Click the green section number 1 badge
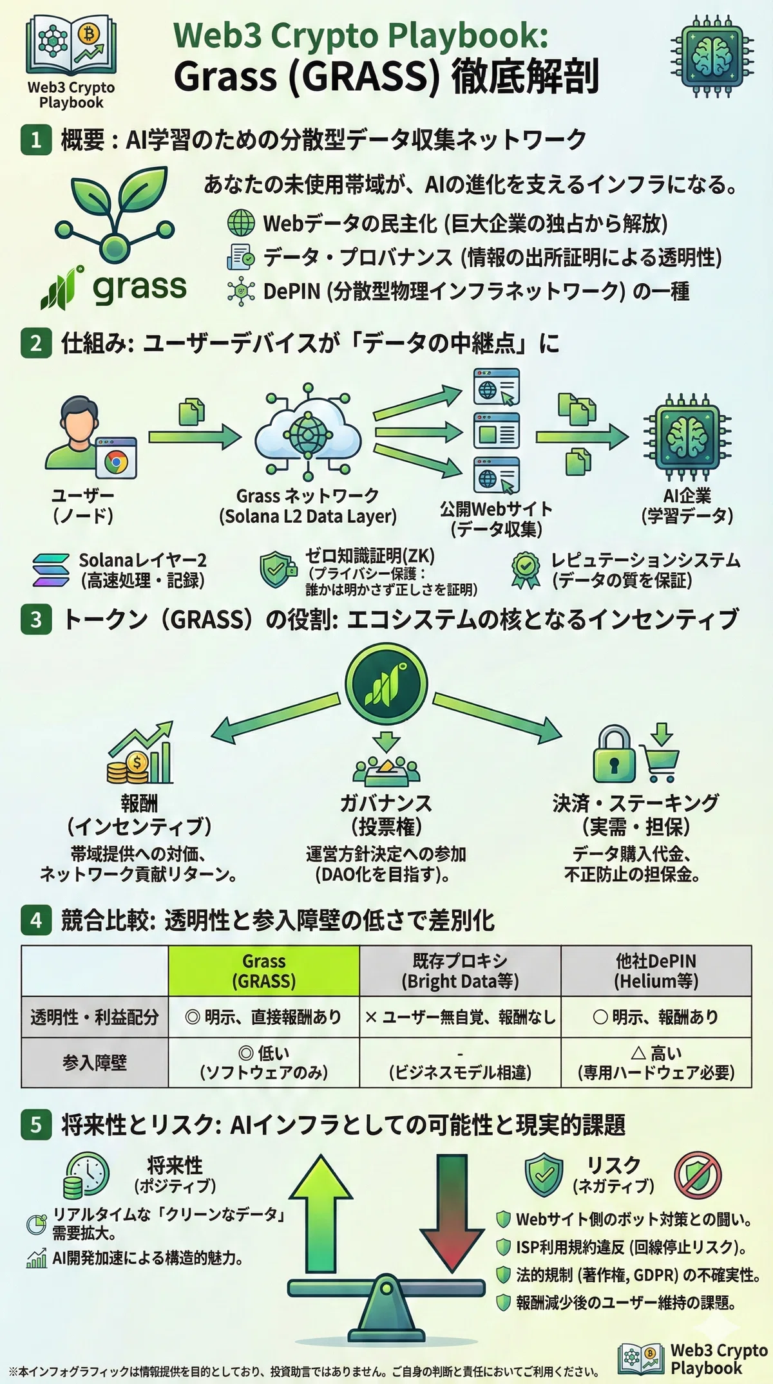coord(36,140)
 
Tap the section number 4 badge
coord(36,920)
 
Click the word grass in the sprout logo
coord(140,288)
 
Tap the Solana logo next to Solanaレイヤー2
coord(51,570)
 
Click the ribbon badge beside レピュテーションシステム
coord(526,570)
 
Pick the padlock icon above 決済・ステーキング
coord(613,754)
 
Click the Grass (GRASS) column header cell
coord(263,971)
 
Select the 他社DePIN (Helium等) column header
coord(656,971)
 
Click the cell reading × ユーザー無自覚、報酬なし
coord(460,1017)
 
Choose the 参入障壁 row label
coord(95,1062)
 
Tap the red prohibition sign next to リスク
coord(698,1175)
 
